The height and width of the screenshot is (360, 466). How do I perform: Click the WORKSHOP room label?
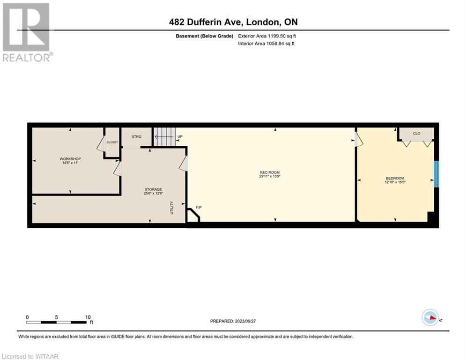click(x=70, y=159)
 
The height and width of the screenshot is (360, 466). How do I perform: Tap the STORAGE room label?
click(x=153, y=189)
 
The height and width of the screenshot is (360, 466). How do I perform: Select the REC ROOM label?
click(x=270, y=172)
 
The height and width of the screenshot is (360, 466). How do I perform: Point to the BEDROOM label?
click(x=395, y=178)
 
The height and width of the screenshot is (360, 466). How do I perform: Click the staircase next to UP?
click(x=165, y=136)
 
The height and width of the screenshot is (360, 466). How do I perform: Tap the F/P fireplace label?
click(x=199, y=207)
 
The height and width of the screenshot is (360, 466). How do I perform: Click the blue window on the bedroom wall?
click(x=436, y=174)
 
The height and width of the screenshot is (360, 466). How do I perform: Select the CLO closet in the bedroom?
click(x=416, y=134)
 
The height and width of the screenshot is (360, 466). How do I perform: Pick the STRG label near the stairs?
click(x=136, y=136)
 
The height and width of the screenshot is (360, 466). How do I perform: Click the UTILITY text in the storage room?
click(x=171, y=208)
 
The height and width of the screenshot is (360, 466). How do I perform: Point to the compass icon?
click(x=430, y=317)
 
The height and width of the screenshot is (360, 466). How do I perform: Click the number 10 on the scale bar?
click(x=88, y=317)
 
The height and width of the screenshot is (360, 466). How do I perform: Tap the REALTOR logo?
click(x=27, y=32)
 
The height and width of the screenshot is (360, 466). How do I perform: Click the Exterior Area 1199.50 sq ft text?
click(x=267, y=36)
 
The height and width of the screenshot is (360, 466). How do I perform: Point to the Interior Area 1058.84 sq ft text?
click(x=266, y=44)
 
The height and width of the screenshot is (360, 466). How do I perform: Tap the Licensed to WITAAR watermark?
click(x=30, y=356)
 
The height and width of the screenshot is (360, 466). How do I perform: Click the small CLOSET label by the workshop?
click(x=112, y=142)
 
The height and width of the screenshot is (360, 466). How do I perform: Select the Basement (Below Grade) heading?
click(x=205, y=36)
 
